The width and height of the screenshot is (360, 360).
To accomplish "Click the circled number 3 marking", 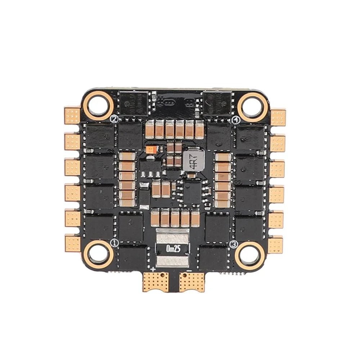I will tap(234, 244).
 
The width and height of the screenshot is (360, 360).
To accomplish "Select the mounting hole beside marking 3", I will tap(249, 256).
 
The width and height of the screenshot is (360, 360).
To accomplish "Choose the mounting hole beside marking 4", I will tap(252, 106).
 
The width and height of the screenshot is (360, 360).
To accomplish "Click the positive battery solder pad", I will tap(156, 281).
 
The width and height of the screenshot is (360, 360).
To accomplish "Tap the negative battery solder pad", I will tap(192, 281).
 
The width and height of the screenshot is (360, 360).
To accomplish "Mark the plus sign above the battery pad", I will tap(154, 269).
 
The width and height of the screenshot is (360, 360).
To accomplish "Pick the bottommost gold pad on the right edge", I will tap(276, 245).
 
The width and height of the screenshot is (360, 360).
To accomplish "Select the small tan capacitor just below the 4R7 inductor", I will tap(193, 175).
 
